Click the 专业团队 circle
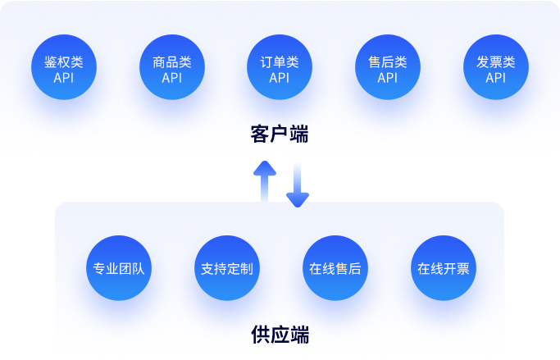(119, 268)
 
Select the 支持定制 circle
(227, 268)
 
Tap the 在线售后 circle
(335, 268)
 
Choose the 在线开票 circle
(444, 268)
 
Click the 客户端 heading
(280, 134)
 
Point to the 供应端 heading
(280, 335)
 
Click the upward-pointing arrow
(264, 180)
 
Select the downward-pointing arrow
(298, 185)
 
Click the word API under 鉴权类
(63, 78)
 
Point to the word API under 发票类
(496, 78)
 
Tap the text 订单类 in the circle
(280, 62)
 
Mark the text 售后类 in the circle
(388, 62)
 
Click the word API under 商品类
(171, 78)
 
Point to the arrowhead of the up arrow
(264, 167)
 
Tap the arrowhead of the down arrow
(298, 199)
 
